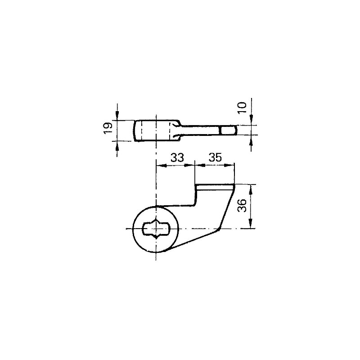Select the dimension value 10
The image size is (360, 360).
pyautogui.click(x=242, y=108)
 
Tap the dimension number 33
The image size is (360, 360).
pyautogui.click(x=177, y=158)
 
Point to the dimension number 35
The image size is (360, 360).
pyautogui.click(x=215, y=158)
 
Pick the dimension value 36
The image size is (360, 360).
pyautogui.click(x=242, y=206)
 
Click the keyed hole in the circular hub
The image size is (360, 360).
pyautogui.click(x=156, y=229)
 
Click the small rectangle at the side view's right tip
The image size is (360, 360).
pyautogui.click(x=229, y=130)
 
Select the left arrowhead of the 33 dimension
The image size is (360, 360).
pyautogui.click(x=160, y=165)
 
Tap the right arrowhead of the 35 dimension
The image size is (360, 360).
pyautogui.click(x=230, y=165)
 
